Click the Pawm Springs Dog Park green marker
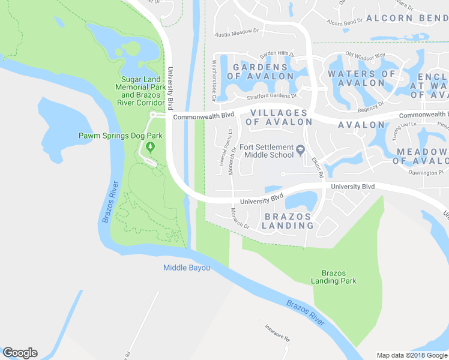click(x=151, y=147)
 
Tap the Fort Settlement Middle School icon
click(x=301, y=150)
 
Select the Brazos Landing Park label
click(x=334, y=277)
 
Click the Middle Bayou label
click(x=187, y=268)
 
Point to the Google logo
click(x=20, y=353)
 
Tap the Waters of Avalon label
click(x=361, y=78)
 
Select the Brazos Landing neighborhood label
click(x=287, y=221)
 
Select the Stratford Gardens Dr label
click(x=272, y=96)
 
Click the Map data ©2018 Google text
click(x=412, y=355)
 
